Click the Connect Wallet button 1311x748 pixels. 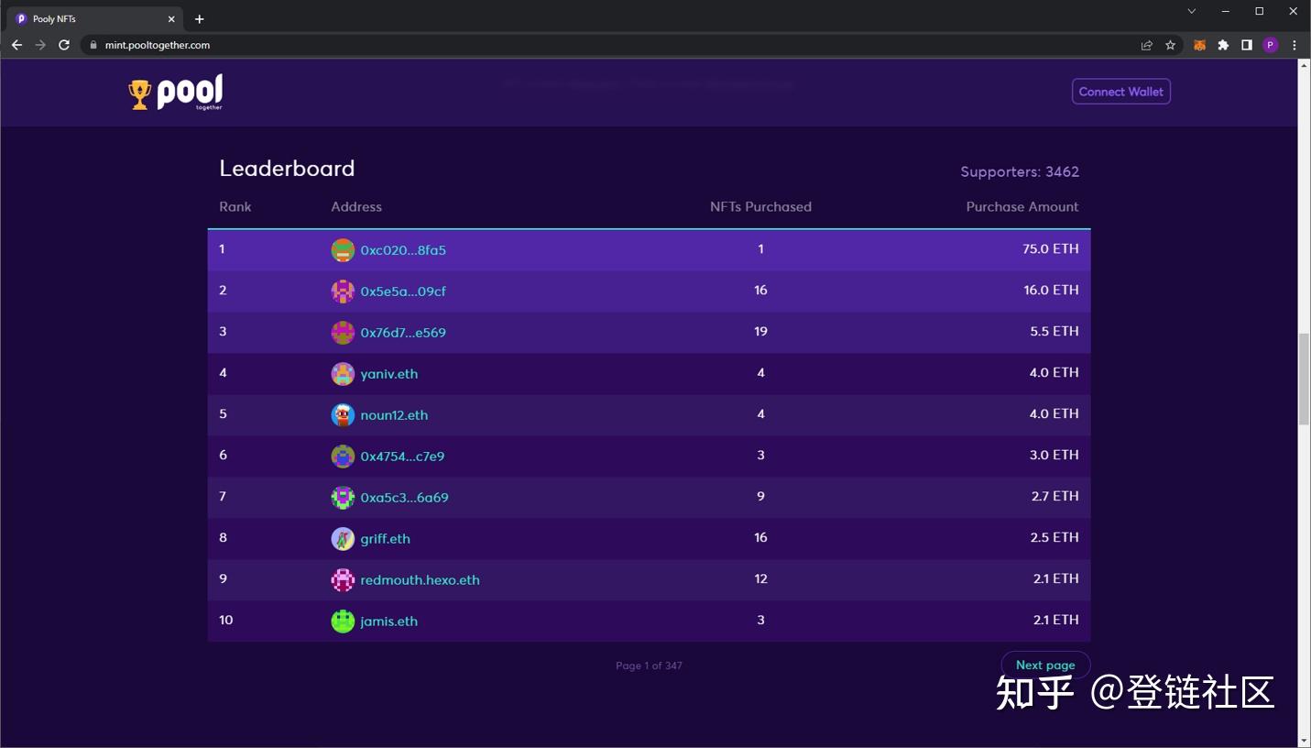tap(1120, 92)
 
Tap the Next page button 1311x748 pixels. tap(1044, 665)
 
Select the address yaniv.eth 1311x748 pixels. tap(388, 374)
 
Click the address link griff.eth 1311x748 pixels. tap(385, 539)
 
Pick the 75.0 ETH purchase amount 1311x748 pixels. tap(1050, 249)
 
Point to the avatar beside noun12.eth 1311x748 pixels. tap(343, 415)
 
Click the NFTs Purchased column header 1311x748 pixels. tap(760, 207)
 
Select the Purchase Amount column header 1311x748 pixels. tap(1021, 207)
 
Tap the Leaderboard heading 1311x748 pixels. tap(287, 169)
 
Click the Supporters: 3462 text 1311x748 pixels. tap(1019, 172)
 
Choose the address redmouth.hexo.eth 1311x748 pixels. tap(420, 580)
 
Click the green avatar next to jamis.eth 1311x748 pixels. tap(343, 621)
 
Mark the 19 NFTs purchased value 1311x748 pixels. tap(760, 332)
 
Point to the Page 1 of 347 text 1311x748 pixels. tap(649, 666)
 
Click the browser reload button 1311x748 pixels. tap(64, 45)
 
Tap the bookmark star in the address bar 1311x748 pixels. tap(1170, 45)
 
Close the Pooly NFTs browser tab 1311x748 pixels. tap(171, 19)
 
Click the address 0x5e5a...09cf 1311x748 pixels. tap(403, 291)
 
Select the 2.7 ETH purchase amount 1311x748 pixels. tap(1054, 497)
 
